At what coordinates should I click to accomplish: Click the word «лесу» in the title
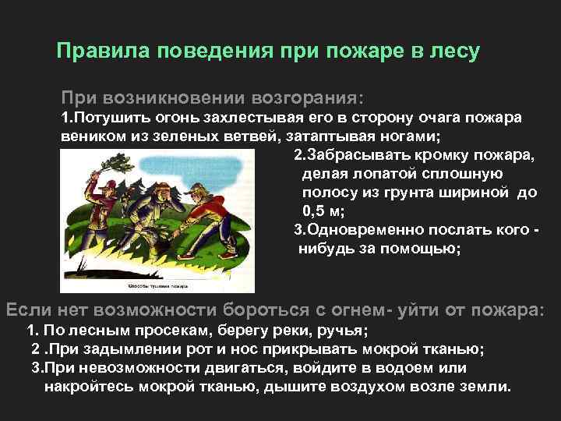tap(453, 51)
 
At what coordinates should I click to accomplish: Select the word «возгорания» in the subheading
tap(307, 99)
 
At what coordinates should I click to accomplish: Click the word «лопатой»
tap(374, 173)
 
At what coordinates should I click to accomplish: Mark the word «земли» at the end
tap(485, 386)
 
